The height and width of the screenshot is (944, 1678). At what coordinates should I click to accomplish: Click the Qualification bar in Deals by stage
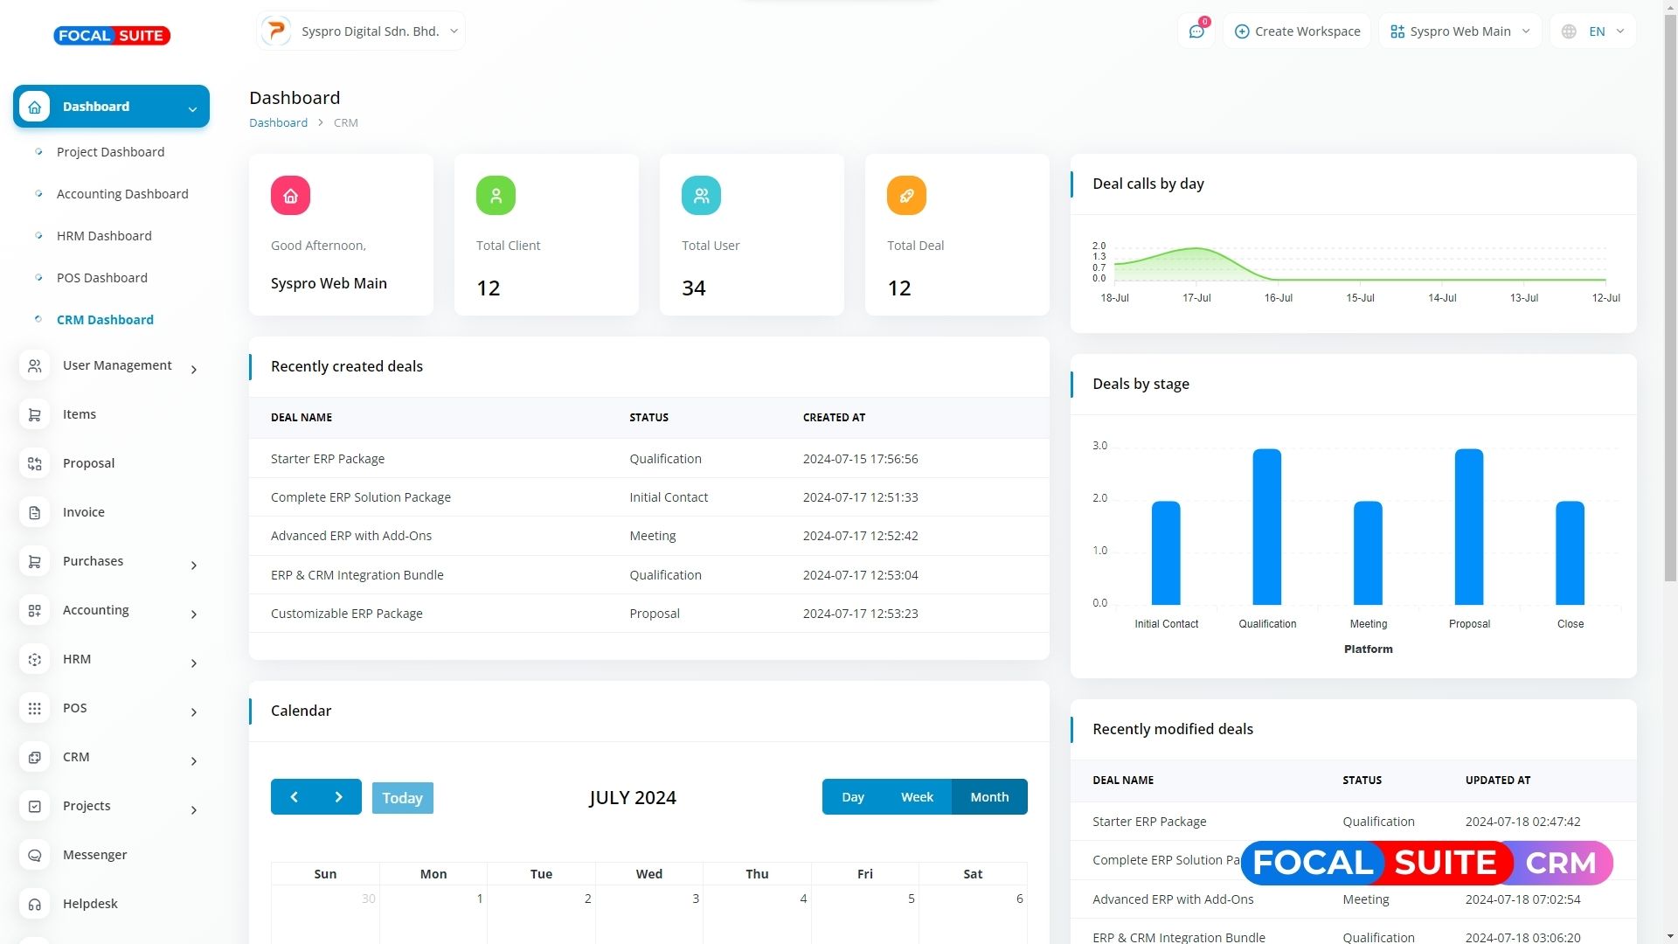pyautogui.click(x=1266, y=527)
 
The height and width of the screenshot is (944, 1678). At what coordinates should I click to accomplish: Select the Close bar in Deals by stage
pyautogui.click(x=1570, y=553)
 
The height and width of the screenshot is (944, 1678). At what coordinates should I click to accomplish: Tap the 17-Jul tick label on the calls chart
pyautogui.click(x=1196, y=298)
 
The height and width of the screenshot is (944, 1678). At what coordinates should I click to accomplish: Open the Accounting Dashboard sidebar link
pyautogui.click(x=122, y=194)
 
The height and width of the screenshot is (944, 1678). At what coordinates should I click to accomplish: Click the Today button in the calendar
pyautogui.click(x=402, y=797)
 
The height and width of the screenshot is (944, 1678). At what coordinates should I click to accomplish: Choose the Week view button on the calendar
pyautogui.click(x=917, y=797)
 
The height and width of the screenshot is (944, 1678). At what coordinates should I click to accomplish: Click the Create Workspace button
pyautogui.click(x=1297, y=31)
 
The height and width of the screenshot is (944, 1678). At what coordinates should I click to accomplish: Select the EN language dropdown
pyautogui.click(x=1593, y=31)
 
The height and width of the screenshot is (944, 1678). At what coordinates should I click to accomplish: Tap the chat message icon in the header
pyautogui.click(x=1196, y=31)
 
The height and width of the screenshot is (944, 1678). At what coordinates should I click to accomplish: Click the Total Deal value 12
pyautogui.click(x=899, y=288)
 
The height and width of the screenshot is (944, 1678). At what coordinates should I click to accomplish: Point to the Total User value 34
pyautogui.click(x=694, y=288)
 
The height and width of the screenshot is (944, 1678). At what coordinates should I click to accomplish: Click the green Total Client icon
pyautogui.click(x=496, y=196)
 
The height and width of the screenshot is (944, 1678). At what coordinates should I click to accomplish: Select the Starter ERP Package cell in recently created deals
pyautogui.click(x=328, y=459)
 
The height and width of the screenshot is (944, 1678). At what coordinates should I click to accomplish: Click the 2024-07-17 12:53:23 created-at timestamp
pyautogui.click(x=860, y=614)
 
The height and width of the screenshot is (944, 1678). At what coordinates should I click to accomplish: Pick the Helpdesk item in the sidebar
pyautogui.click(x=90, y=904)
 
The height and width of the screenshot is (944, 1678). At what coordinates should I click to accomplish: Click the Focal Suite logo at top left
pyautogui.click(x=112, y=36)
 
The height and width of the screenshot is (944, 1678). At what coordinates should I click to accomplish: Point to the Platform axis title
pyautogui.click(x=1368, y=649)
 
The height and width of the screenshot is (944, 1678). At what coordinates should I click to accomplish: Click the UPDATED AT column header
pyautogui.click(x=1497, y=781)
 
